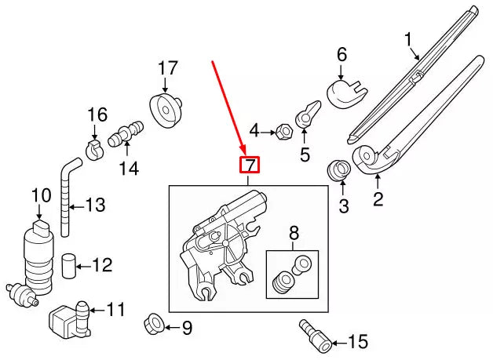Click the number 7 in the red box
pyautogui.click(x=249, y=165)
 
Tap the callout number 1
pyautogui.click(x=408, y=38)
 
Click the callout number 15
pyautogui.click(x=357, y=342)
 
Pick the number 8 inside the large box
pyautogui.click(x=294, y=232)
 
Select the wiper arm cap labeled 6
pyautogui.click(x=345, y=93)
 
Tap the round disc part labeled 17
pyautogui.click(x=166, y=111)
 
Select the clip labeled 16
pyautogui.click(x=94, y=147)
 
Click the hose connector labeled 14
pyautogui.click(x=126, y=135)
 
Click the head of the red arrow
pyautogui.click(x=245, y=152)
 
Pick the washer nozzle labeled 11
pyautogui.click(x=68, y=319)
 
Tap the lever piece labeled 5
pyautogui.click(x=307, y=115)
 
